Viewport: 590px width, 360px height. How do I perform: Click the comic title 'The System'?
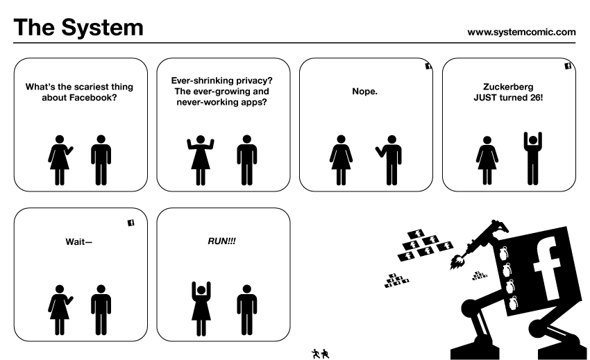click(x=78, y=28)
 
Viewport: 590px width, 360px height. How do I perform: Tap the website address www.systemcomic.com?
click(x=521, y=31)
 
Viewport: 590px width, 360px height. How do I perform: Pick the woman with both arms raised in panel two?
click(x=201, y=160)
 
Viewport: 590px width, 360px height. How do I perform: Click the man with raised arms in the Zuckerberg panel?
click(x=532, y=159)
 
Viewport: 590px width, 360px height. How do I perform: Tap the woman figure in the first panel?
click(x=60, y=160)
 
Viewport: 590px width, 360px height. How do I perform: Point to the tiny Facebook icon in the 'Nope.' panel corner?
click(x=428, y=67)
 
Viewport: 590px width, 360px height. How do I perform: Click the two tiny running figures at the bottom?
click(x=321, y=353)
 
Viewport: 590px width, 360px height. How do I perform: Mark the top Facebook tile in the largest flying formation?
click(x=418, y=234)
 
